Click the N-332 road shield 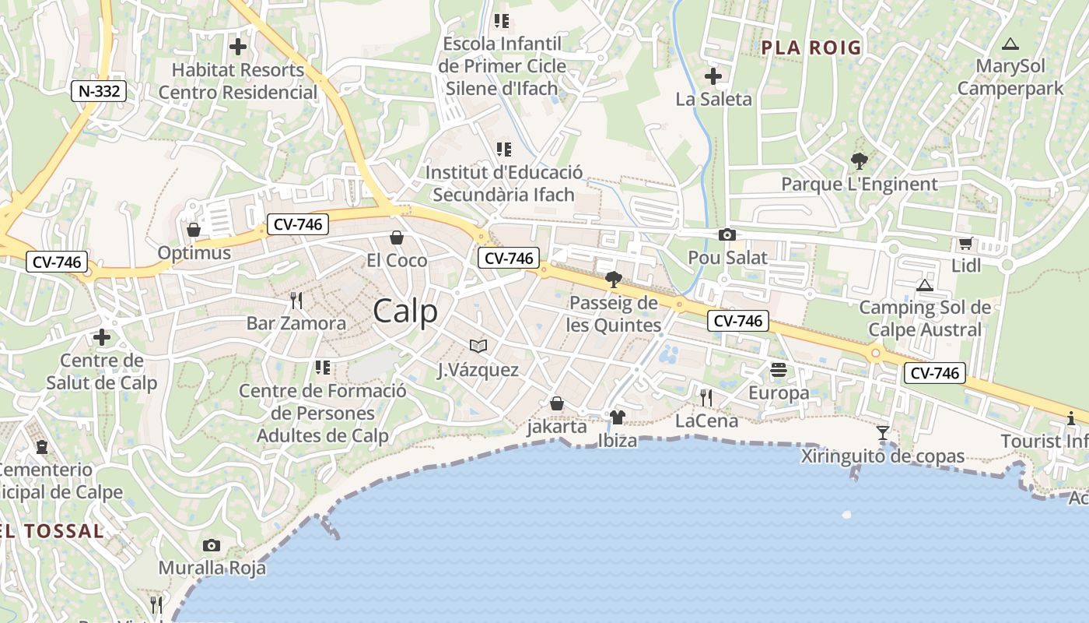[x=100, y=91]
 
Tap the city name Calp [x=405, y=311]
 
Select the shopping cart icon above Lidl [x=966, y=243]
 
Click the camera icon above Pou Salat [x=727, y=234]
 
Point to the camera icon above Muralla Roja [x=212, y=545]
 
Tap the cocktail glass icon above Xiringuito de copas [x=883, y=433]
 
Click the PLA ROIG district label [x=811, y=48]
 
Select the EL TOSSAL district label [x=51, y=531]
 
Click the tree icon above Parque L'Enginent [x=860, y=161]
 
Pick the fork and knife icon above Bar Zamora [x=296, y=300]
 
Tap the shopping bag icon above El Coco [x=397, y=237]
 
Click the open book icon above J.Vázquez [x=478, y=346]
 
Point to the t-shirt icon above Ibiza [x=618, y=417]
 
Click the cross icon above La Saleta [x=713, y=76]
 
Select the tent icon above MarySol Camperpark [x=1010, y=44]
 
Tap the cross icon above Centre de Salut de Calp [x=102, y=337]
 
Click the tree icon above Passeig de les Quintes [x=614, y=279]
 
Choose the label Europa [x=779, y=393]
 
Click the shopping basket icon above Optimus [x=194, y=230]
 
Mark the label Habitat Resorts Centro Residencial [x=238, y=81]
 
